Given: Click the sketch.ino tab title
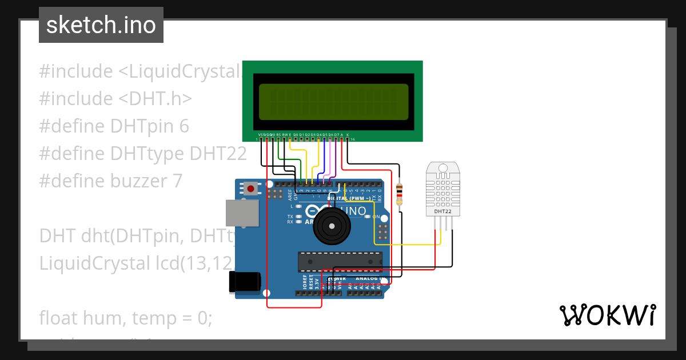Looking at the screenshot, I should pyautogui.click(x=101, y=25).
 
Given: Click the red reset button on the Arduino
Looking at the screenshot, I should pyautogui.click(x=250, y=188).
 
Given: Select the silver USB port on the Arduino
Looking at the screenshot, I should pyautogui.click(x=240, y=214).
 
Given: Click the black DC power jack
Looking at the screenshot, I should pyautogui.click(x=245, y=283).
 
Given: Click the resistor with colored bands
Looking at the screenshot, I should pyautogui.click(x=399, y=193).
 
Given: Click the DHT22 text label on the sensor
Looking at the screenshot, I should pyautogui.click(x=443, y=211).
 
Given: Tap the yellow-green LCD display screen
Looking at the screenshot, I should pyautogui.click(x=334, y=102).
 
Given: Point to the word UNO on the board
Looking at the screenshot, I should pyautogui.click(x=356, y=211).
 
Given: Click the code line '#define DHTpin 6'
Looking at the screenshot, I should pyautogui.click(x=114, y=126).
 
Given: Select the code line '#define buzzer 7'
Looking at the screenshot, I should pyautogui.click(x=111, y=181).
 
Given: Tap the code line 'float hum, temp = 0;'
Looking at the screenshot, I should pyautogui.click(x=125, y=318).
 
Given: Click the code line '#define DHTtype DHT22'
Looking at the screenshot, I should pyautogui.click(x=143, y=154).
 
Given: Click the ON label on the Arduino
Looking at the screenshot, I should pyautogui.click(x=376, y=217).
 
